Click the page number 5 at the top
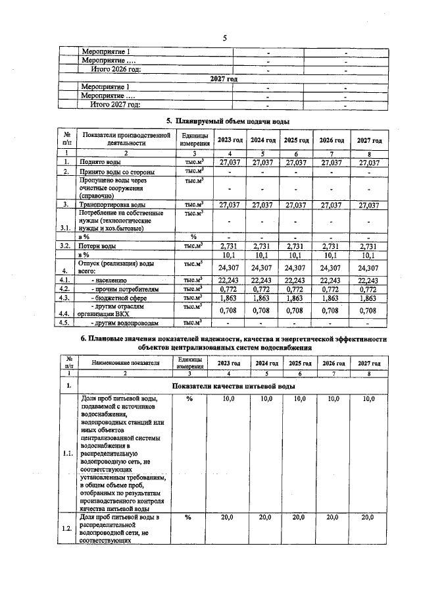(224, 38)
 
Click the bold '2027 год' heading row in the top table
(224, 78)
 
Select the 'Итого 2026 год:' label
(116, 70)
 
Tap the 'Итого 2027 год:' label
(116, 104)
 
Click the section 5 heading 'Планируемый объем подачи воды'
(226, 121)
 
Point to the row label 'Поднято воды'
(99, 162)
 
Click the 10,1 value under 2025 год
(296, 254)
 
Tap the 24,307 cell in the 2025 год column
(296, 267)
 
